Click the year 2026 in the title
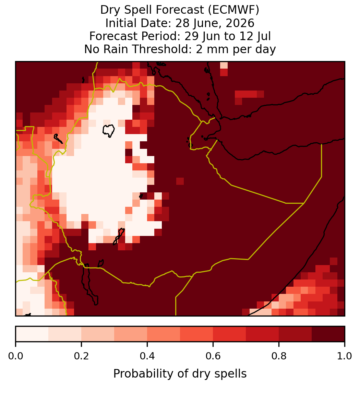point(240,23)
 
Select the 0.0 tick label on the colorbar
point(15,356)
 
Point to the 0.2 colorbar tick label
point(81,356)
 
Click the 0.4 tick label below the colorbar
point(147,356)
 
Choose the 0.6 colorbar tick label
point(213,356)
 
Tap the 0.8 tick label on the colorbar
point(279,356)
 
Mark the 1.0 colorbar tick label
point(345,356)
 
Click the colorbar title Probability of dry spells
point(180,374)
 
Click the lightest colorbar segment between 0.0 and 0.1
point(32,334)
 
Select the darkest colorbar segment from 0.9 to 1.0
point(328,334)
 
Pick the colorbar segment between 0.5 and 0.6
point(197,334)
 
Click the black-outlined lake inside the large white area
point(109,131)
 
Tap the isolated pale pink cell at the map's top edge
point(224,65)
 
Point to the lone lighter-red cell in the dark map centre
point(180,181)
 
